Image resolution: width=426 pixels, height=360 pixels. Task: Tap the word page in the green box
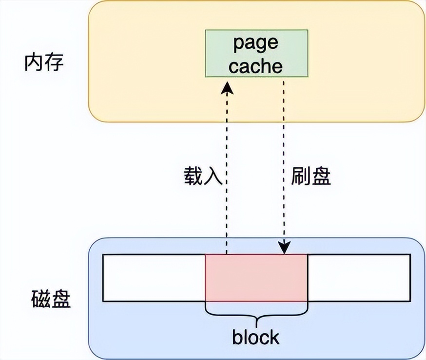pos(256,43)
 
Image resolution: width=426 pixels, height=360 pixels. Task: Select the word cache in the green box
pos(256,66)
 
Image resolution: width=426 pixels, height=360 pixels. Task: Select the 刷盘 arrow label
pos(311,177)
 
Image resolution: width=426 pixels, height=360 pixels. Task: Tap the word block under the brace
pos(256,337)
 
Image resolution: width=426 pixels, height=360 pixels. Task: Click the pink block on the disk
pos(256,278)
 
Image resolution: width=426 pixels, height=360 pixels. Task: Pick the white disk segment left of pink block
pos(154,278)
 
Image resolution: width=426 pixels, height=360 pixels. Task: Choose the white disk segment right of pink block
pos(359,278)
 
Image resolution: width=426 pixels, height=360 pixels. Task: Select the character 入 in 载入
pos(213,177)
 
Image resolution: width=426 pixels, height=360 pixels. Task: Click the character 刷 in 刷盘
pos(301,177)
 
